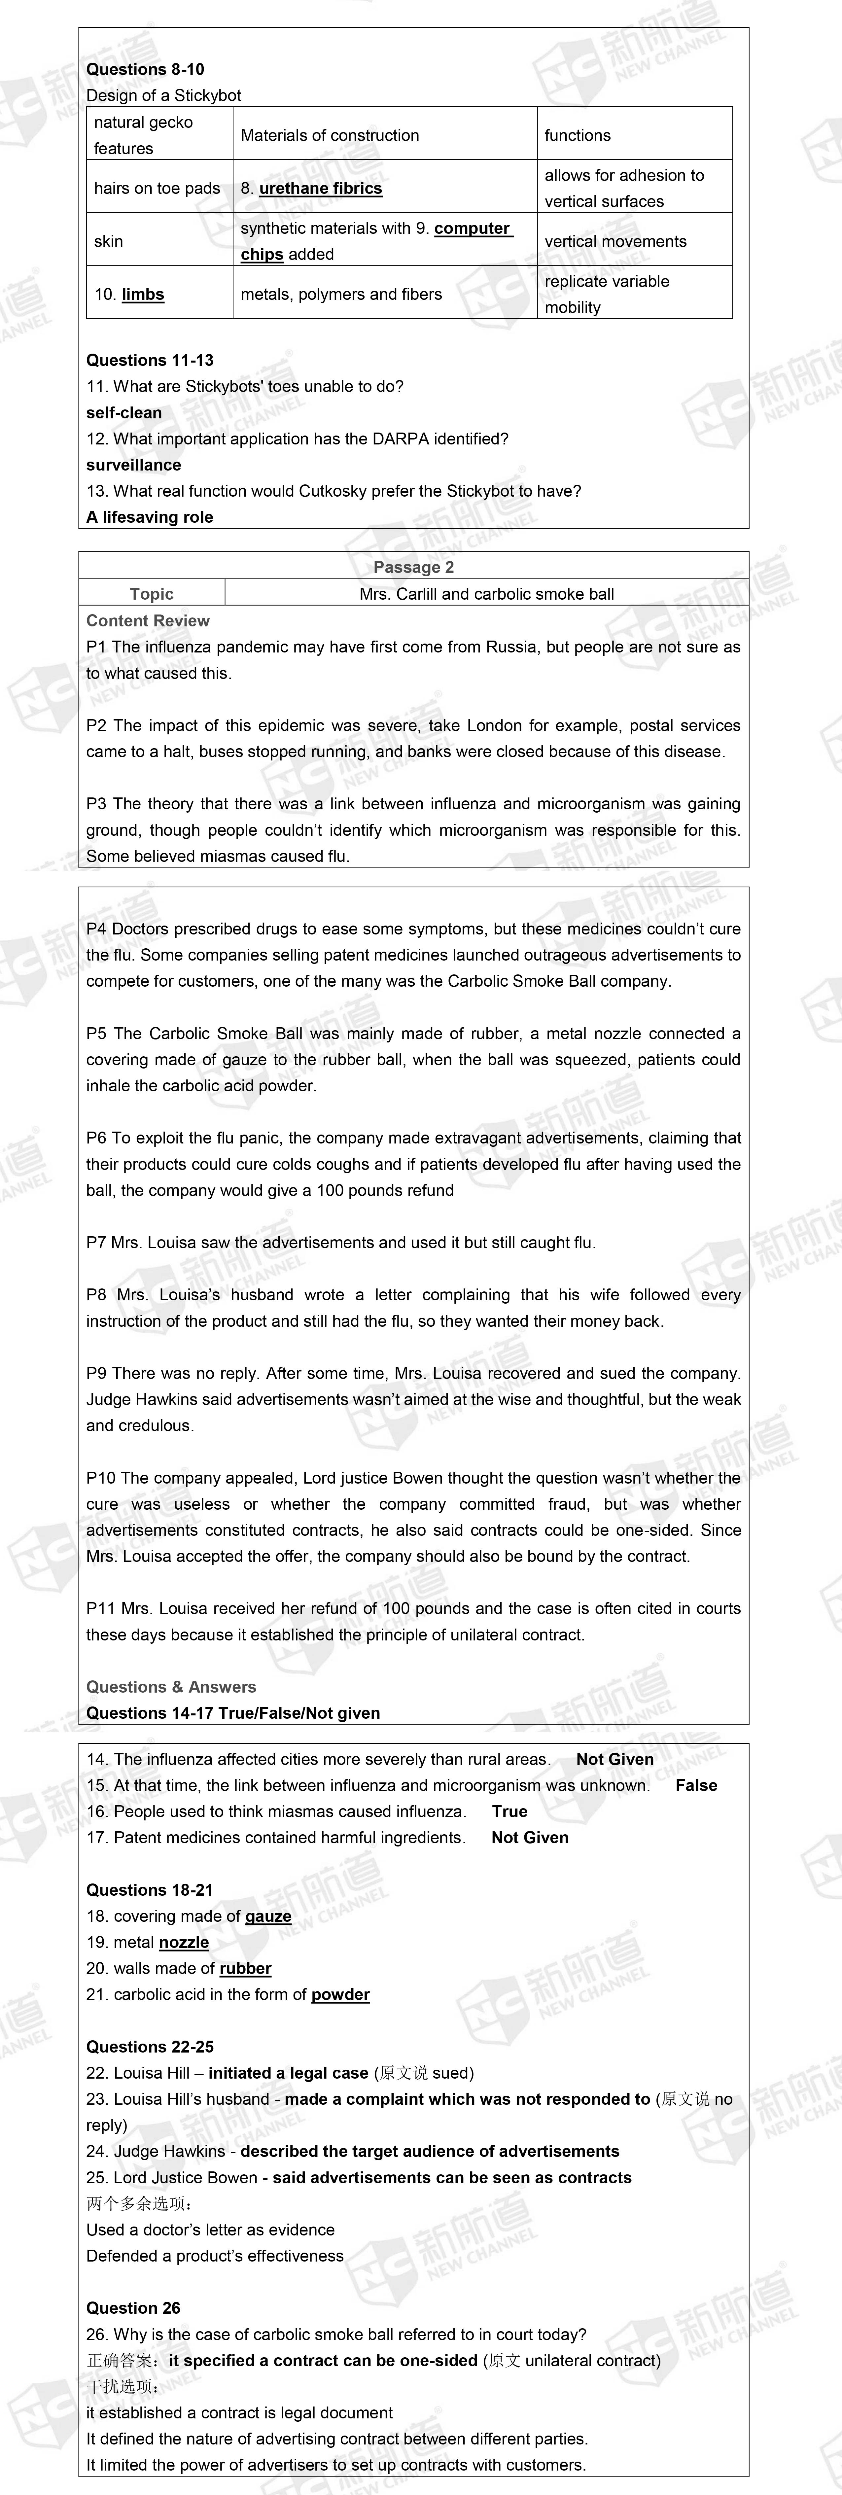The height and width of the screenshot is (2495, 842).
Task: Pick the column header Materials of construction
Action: click(x=330, y=135)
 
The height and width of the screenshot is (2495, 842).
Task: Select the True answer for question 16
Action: click(x=509, y=1811)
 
